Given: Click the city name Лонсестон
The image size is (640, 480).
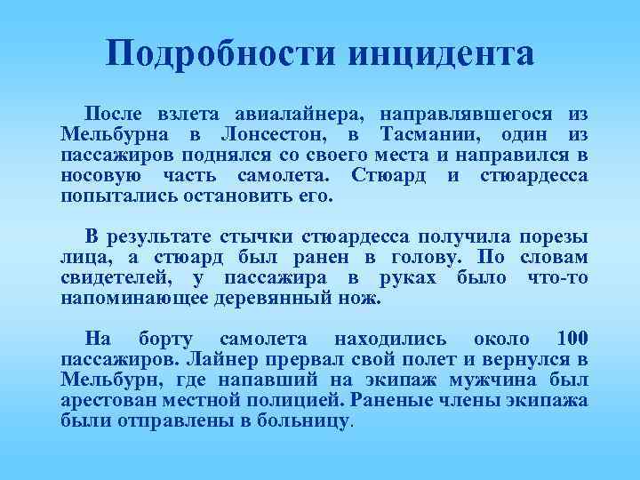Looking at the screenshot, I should (x=272, y=134).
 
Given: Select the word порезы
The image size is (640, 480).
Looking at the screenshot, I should (x=553, y=237).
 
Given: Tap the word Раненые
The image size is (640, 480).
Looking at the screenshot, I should (x=393, y=399).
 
